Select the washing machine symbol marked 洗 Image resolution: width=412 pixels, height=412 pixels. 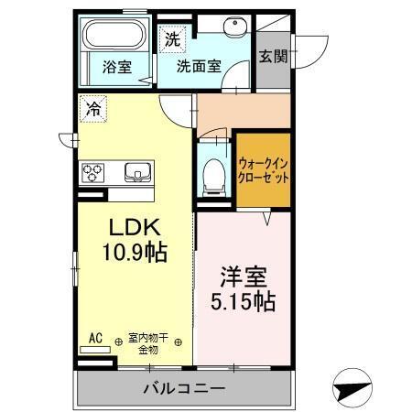(171, 38)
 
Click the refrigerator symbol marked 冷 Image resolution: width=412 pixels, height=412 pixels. (92, 106)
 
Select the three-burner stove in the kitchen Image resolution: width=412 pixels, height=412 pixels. (93, 171)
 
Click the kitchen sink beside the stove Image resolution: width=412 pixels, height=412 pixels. (137, 171)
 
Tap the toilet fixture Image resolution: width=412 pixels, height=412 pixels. (213, 171)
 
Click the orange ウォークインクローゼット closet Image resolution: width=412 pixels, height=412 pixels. (264, 169)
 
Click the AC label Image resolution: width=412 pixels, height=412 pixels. (94, 339)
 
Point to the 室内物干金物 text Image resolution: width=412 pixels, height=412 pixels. (148, 344)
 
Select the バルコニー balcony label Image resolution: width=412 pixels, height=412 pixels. (183, 389)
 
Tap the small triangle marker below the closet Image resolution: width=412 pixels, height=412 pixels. (266, 219)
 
